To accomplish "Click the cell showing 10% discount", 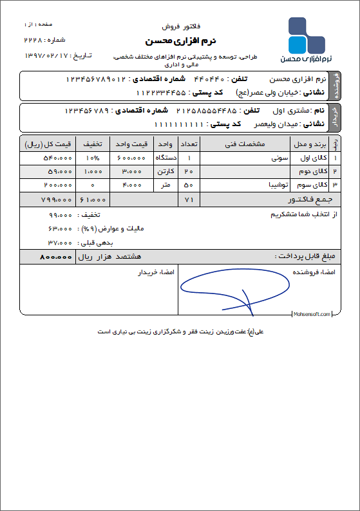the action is point(93,158).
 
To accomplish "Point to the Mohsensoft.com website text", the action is point(312,314).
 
